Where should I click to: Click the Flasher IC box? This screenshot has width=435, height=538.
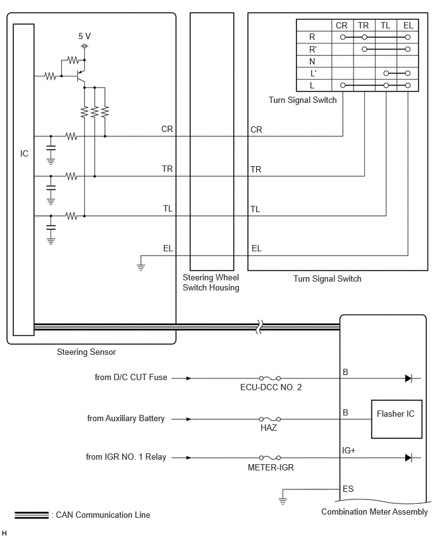click(396, 419)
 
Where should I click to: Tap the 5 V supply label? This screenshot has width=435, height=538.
click(85, 36)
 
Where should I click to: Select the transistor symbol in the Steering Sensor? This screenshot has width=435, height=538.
click(80, 76)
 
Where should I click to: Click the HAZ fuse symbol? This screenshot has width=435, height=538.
click(270, 419)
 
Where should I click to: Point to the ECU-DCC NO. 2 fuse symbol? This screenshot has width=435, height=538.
click(270, 378)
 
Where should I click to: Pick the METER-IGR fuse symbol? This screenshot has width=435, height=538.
click(270, 457)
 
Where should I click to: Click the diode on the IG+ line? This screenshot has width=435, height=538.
click(408, 457)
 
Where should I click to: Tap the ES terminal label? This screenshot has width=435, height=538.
click(348, 489)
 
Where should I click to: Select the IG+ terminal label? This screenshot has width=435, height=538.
click(348, 450)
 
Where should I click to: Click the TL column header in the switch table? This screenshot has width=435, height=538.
click(385, 25)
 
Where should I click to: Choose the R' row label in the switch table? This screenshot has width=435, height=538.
click(313, 49)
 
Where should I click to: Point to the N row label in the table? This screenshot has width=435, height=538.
click(312, 61)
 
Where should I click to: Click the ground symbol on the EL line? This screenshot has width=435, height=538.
click(141, 266)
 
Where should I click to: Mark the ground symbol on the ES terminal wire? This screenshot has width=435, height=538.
click(283, 501)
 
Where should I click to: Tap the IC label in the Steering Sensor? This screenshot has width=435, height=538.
click(24, 153)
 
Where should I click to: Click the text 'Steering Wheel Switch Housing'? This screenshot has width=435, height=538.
click(211, 282)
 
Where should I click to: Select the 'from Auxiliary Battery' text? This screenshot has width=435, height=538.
click(126, 418)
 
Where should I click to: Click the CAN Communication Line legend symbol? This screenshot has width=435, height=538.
click(32, 515)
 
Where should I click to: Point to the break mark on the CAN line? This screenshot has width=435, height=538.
click(260, 327)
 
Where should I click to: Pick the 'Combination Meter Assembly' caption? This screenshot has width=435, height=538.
click(374, 511)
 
